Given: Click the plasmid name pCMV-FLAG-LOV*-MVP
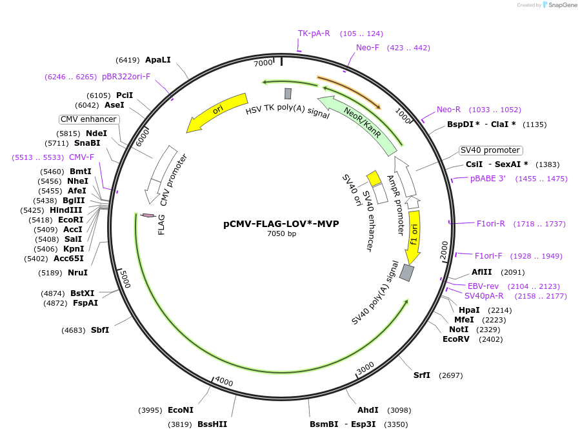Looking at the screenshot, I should tap(281, 224).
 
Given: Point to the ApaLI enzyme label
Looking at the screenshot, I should tap(158, 60).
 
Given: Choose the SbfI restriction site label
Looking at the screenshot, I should tap(99, 330).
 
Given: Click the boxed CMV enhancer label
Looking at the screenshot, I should tap(88, 119).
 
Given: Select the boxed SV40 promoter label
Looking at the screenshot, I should tap(490, 150).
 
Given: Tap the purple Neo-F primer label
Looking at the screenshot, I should tap(368, 48).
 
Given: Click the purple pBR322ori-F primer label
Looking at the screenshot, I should tap(126, 77).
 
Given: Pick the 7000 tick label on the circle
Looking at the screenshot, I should tap(263, 63).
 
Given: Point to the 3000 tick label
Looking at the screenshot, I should tap(365, 368).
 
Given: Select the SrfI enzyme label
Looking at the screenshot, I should tap(422, 375).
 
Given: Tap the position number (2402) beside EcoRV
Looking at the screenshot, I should tap(490, 339).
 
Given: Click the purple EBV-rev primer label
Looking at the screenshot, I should tap(483, 286).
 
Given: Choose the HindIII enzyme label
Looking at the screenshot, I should tap(66, 210).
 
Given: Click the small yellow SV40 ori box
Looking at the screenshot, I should tap(374, 178).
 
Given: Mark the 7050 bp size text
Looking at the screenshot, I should tap(281, 234).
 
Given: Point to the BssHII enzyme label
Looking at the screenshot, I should tap(212, 424).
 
